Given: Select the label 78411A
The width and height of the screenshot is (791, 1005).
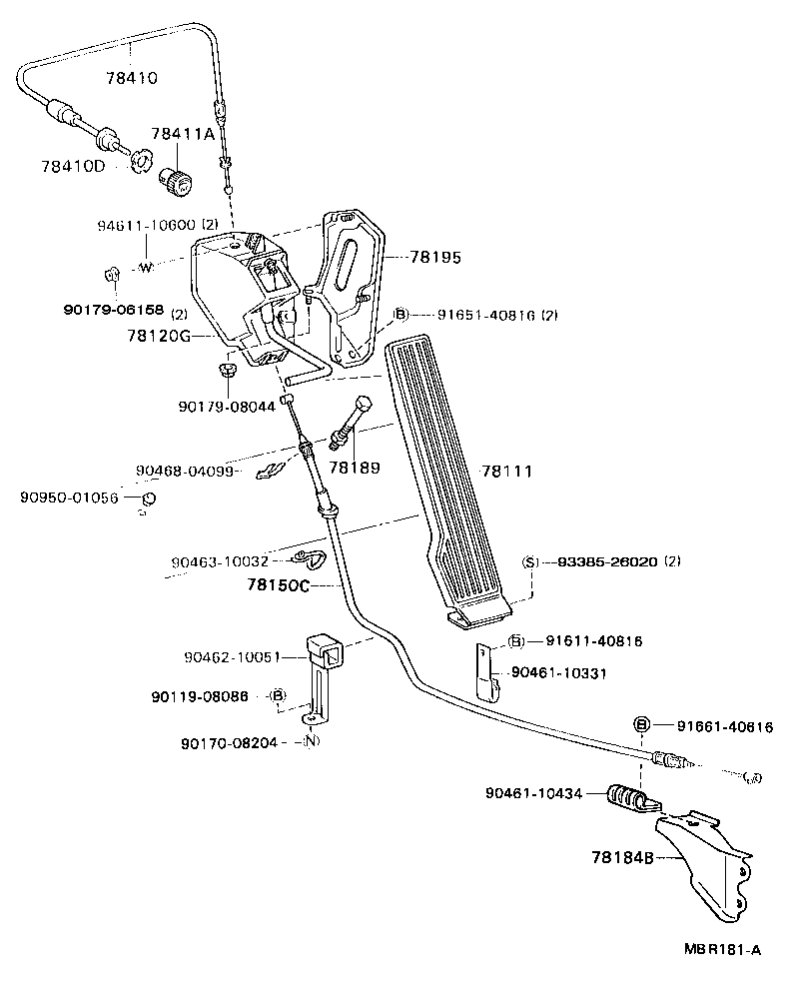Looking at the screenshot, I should click(183, 134).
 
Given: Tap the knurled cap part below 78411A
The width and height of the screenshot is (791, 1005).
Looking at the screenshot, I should click(180, 183).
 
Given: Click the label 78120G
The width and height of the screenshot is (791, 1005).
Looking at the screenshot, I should click(158, 336).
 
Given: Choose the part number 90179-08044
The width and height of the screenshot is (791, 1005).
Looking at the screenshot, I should click(227, 407).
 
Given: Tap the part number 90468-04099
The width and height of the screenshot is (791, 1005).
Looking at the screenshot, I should click(184, 470).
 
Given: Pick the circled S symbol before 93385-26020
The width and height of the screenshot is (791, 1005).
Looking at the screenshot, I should click(529, 561).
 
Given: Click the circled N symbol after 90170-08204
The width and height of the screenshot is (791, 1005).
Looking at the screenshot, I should click(311, 742).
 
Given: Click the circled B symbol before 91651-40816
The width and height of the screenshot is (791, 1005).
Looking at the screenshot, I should click(400, 315).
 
